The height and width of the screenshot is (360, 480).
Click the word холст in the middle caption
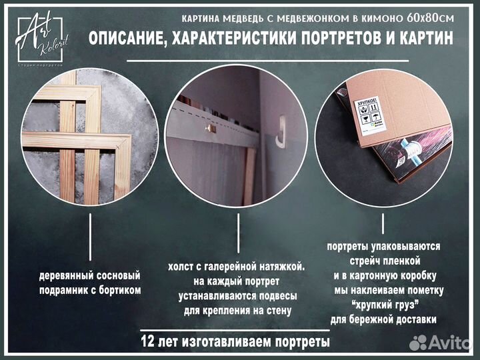(185, 267)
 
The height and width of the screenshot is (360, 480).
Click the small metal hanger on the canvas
(209, 127)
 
